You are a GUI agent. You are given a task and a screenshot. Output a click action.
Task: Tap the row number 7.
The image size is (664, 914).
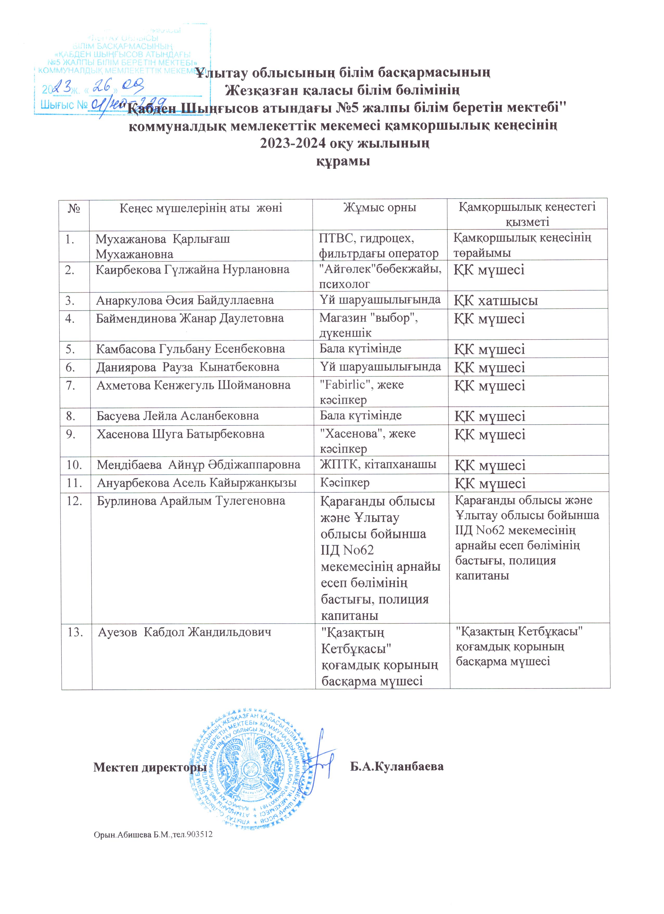pyautogui.click(x=71, y=386)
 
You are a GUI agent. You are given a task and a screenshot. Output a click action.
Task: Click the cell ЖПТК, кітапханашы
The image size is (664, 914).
pyautogui.click(x=378, y=464)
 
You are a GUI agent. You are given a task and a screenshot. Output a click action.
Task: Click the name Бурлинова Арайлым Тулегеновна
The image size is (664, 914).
pyautogui.click(x=191, y=501)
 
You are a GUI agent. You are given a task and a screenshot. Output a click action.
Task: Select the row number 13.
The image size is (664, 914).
pyautogui.click(x=75, y=632)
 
